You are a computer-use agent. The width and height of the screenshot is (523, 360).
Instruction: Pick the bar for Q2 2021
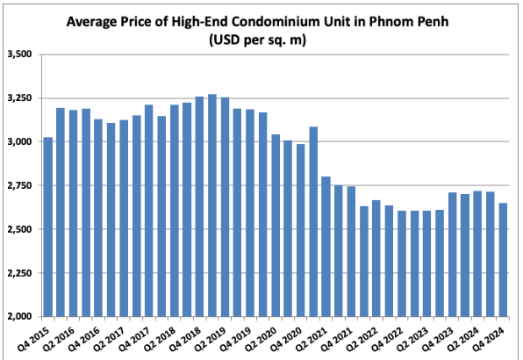click(x=326, y=246)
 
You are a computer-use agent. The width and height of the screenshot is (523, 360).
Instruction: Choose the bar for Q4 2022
click(x=401, y=263)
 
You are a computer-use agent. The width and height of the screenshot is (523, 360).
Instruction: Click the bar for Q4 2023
click(x=452, y=255)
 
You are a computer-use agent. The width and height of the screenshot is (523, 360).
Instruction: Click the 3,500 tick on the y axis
click(x=18, y=54)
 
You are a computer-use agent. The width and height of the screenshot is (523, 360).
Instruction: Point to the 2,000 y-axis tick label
click(x=18, y=316)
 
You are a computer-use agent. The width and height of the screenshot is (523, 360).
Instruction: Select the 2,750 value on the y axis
click(x=18, y=185)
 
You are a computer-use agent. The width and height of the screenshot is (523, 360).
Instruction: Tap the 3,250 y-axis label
click(x=18, y=98)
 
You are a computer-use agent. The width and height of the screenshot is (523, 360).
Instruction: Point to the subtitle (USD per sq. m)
click(x=261, y=39)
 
